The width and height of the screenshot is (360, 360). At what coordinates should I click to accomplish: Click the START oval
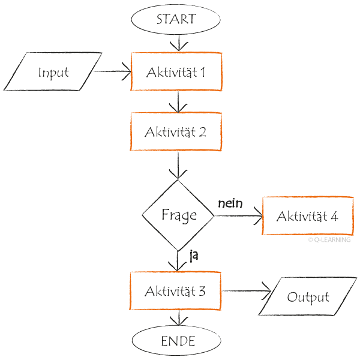176,19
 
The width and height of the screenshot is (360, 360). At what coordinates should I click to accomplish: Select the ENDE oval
178,341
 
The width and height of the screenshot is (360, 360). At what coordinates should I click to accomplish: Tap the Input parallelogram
53,72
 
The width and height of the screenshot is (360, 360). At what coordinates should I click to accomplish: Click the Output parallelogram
308,297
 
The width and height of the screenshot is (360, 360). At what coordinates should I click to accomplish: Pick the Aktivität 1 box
176,72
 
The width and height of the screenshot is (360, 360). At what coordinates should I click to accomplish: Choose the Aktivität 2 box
176,132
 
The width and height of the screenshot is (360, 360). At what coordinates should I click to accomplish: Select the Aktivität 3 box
176,291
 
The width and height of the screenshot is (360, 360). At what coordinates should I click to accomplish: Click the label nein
230,203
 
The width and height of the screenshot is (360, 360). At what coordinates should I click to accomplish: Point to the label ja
194,256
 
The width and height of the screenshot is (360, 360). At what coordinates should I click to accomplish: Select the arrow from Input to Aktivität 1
113,72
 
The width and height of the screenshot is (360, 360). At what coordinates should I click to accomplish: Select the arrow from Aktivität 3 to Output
246,292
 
